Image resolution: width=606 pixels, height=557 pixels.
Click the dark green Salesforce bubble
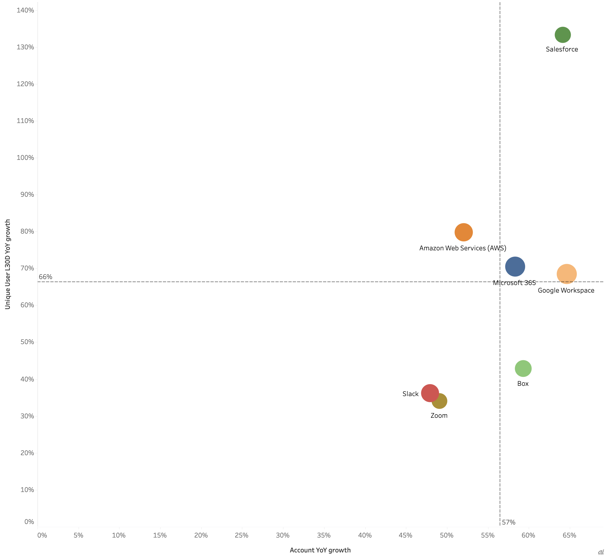pyautogui.click(x=562, y=35)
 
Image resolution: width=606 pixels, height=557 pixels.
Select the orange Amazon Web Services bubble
pyautogui.click(x=464, y=232)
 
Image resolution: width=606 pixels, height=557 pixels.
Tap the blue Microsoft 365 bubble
pyautogui.click(x=515, y=266)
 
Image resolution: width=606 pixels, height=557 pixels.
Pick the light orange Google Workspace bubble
pyautogui.click(x=567, y=274)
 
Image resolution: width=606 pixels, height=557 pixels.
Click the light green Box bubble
pyautogui.click(x=523, y=368)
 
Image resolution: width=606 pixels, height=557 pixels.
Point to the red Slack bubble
pyautogui.click(x=429, y=393)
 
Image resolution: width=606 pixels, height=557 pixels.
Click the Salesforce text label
pyautogui.click(x=562, y=49)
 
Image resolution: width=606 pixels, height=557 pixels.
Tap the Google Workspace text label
pyautogui.click(x=566, y=290)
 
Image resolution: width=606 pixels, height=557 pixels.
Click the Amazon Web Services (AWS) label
pyautogui.click(x=463, y=248)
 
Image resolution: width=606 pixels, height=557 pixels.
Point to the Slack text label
pyautogui.click(x=410, y=394)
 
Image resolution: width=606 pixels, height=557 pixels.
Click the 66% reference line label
pyautogui.click(x=45, y=276)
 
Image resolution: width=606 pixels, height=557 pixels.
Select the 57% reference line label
pyautogui.click(x=508, y=522)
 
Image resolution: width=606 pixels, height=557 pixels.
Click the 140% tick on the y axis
pyautogui.click(x=25, y=10)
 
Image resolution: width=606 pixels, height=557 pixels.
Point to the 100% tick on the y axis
pyautogui.click(x=25, y=158)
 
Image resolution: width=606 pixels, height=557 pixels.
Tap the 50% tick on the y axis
pyautogui.click(x=27, y=342)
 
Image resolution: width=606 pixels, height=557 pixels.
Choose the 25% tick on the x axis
pyautogui.click(x=241, y=535)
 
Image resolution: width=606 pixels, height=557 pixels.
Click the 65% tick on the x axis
pyautogui.click(x=569, y=535)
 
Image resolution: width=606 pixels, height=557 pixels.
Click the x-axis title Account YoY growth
pyautogui.click(x=320, y=550)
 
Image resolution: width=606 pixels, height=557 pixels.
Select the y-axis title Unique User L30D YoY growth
pyautogui.click(x=8, y=264)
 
